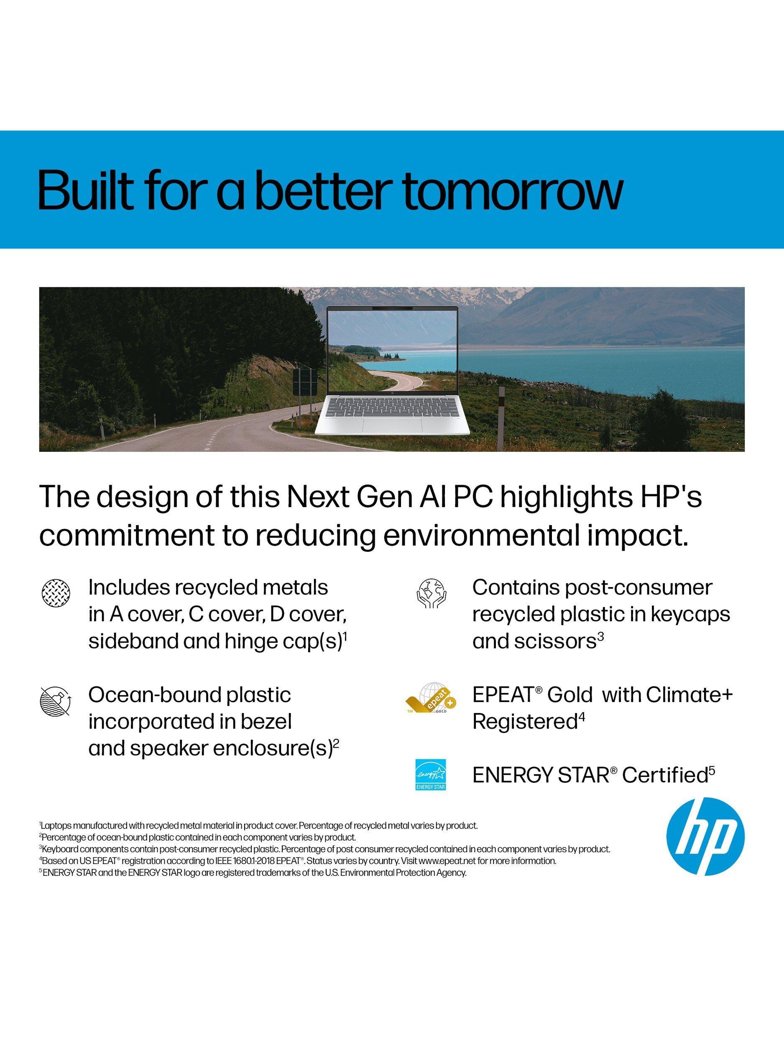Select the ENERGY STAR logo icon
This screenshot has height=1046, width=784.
[x=430, y=774]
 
